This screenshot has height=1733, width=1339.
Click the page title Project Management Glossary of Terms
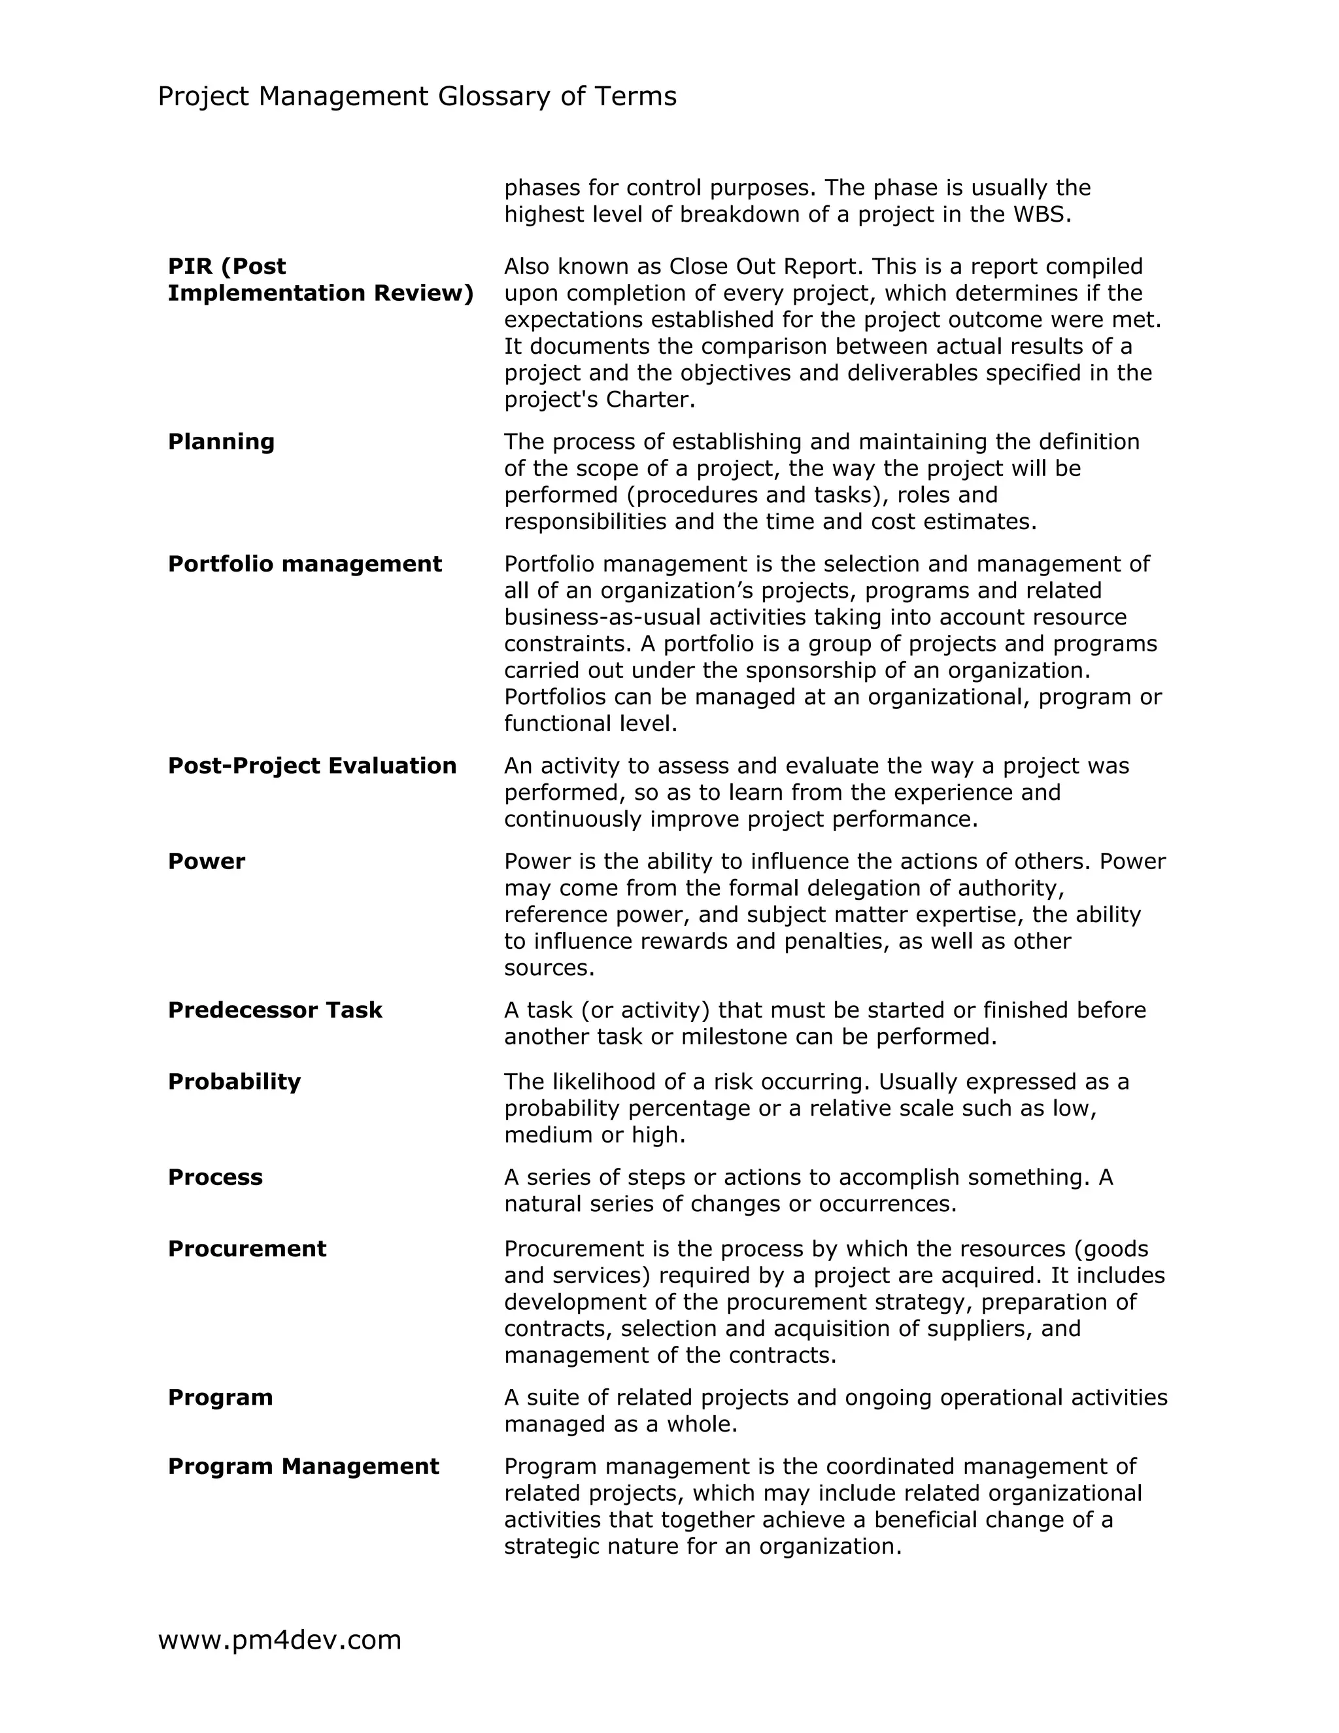(x=416, y=97)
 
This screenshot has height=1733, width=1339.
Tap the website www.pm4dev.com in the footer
(x=279, y=1639)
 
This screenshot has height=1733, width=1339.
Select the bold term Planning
(x=220, y=442)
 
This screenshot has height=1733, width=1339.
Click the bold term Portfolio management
(x=305, y=564)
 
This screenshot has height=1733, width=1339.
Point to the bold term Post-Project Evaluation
(x=312, y=766)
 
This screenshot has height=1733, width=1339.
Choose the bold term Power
(x=206, y=862)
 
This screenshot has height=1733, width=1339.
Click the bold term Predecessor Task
(x=275, y=1010)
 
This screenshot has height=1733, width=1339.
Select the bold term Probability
(x=234, y=1082)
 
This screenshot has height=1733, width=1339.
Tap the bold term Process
(x=215, y=1176)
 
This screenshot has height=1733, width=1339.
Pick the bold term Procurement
(x=246, y=1249)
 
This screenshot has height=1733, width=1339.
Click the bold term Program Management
(x=303, y=1466)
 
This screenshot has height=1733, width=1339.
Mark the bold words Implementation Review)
(x=320, y=294)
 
